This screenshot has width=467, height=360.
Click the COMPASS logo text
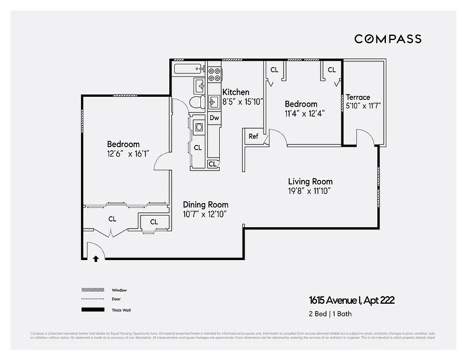coord(388,39)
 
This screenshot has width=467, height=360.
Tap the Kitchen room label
coord(236,92)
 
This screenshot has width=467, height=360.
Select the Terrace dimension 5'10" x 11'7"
coord(363,106)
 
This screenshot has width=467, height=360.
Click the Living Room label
coord(310,181)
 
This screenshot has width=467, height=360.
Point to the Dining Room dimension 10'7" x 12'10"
coord(204,214)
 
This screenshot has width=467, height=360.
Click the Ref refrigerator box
coord(254,136)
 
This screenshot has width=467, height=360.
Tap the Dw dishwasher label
coord(214,118)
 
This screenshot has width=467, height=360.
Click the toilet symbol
coord(196,102)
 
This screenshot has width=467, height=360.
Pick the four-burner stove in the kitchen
coord(214,74)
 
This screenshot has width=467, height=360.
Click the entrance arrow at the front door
coord(95,259)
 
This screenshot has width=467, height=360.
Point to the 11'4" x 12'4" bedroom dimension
coord(305,113)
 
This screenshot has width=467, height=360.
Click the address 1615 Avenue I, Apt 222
coord(351,300)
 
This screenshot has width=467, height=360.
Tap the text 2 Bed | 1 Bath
coord(330,314)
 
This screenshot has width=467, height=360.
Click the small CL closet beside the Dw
coord(212,164)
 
